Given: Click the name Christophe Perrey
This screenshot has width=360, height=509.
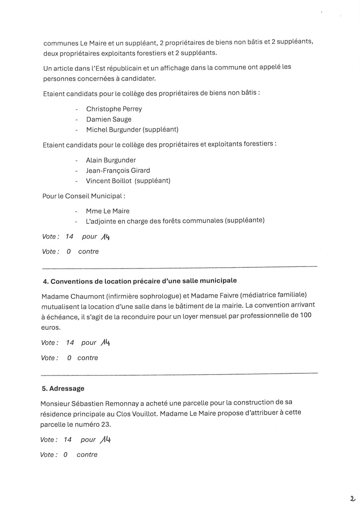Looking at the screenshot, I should click(114, 109).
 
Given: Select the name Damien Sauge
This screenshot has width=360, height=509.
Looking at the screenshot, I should click(109, 119).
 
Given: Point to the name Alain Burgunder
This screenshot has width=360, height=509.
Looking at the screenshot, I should click(111, 160).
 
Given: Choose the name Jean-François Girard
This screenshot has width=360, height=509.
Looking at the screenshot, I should click(118, 170).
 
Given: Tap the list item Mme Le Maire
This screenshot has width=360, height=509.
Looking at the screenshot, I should click(108, 211).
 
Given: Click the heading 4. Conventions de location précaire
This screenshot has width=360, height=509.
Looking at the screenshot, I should click(139, 281).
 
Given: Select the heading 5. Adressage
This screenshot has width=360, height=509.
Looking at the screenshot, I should click(63, 388).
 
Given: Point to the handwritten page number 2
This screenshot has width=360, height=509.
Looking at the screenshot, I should click(352, 499).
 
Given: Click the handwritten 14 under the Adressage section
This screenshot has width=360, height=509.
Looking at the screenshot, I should click(106, 439).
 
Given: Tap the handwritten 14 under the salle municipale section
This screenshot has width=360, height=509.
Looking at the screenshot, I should click(106, 342).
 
